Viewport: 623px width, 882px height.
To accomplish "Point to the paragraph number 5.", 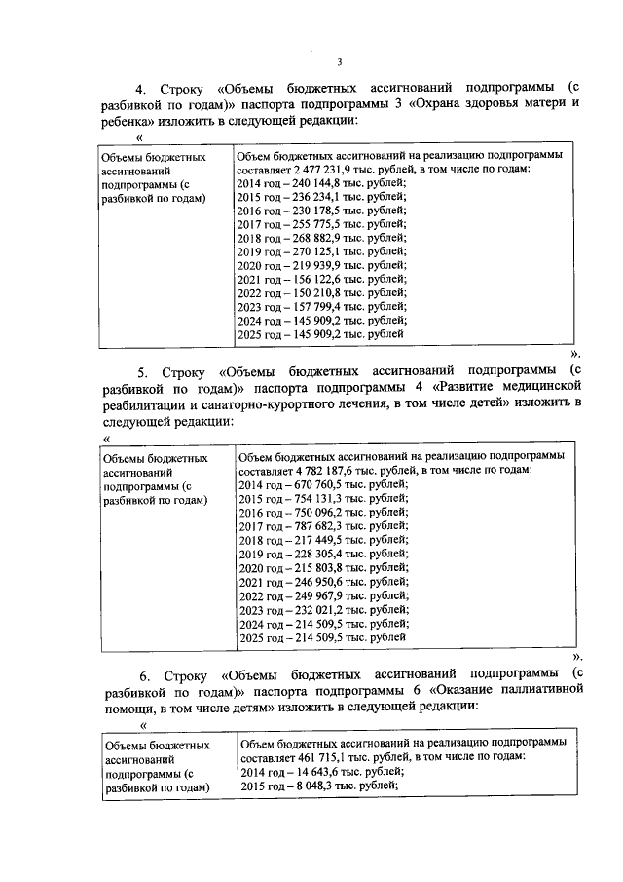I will click(x=142, y=371).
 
